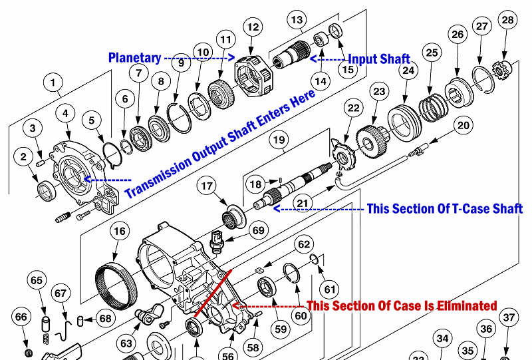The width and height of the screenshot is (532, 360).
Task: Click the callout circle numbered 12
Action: [252, 27]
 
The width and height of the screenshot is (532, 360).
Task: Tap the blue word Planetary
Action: [134, 58]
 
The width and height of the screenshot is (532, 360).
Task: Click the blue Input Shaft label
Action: [380, 59]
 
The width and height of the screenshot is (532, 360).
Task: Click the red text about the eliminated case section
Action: [402, 305]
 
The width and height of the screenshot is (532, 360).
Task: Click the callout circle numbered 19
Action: [279, 140]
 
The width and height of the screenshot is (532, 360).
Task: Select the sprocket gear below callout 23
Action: [372, 140]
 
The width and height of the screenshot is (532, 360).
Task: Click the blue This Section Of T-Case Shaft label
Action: [445, 208]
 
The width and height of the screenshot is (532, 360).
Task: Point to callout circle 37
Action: [509, 317]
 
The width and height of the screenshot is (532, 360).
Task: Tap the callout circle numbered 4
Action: [65, 114]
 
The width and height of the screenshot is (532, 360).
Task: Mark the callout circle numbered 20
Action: [463, 124]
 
